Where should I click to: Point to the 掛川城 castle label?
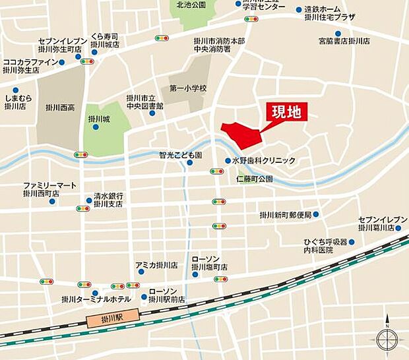[x=99, y=119]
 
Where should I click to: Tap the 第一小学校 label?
[x=188, y=88]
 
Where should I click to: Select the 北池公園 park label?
[x=191, y=5]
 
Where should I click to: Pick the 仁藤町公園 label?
[x=255, y=179]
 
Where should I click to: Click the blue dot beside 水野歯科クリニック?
[x=228, y=160]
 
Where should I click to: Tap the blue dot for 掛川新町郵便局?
[x=316, y=214]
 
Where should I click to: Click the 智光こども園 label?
[x=180, y=155]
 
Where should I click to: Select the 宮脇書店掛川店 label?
[x=342, y=41]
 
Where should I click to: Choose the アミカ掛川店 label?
[x=156, y=265]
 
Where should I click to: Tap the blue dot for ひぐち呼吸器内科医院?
[x=352, y=243]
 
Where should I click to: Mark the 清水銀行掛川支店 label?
[x=108, y=200]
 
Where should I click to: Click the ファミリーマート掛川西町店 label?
[x=49, y=189]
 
